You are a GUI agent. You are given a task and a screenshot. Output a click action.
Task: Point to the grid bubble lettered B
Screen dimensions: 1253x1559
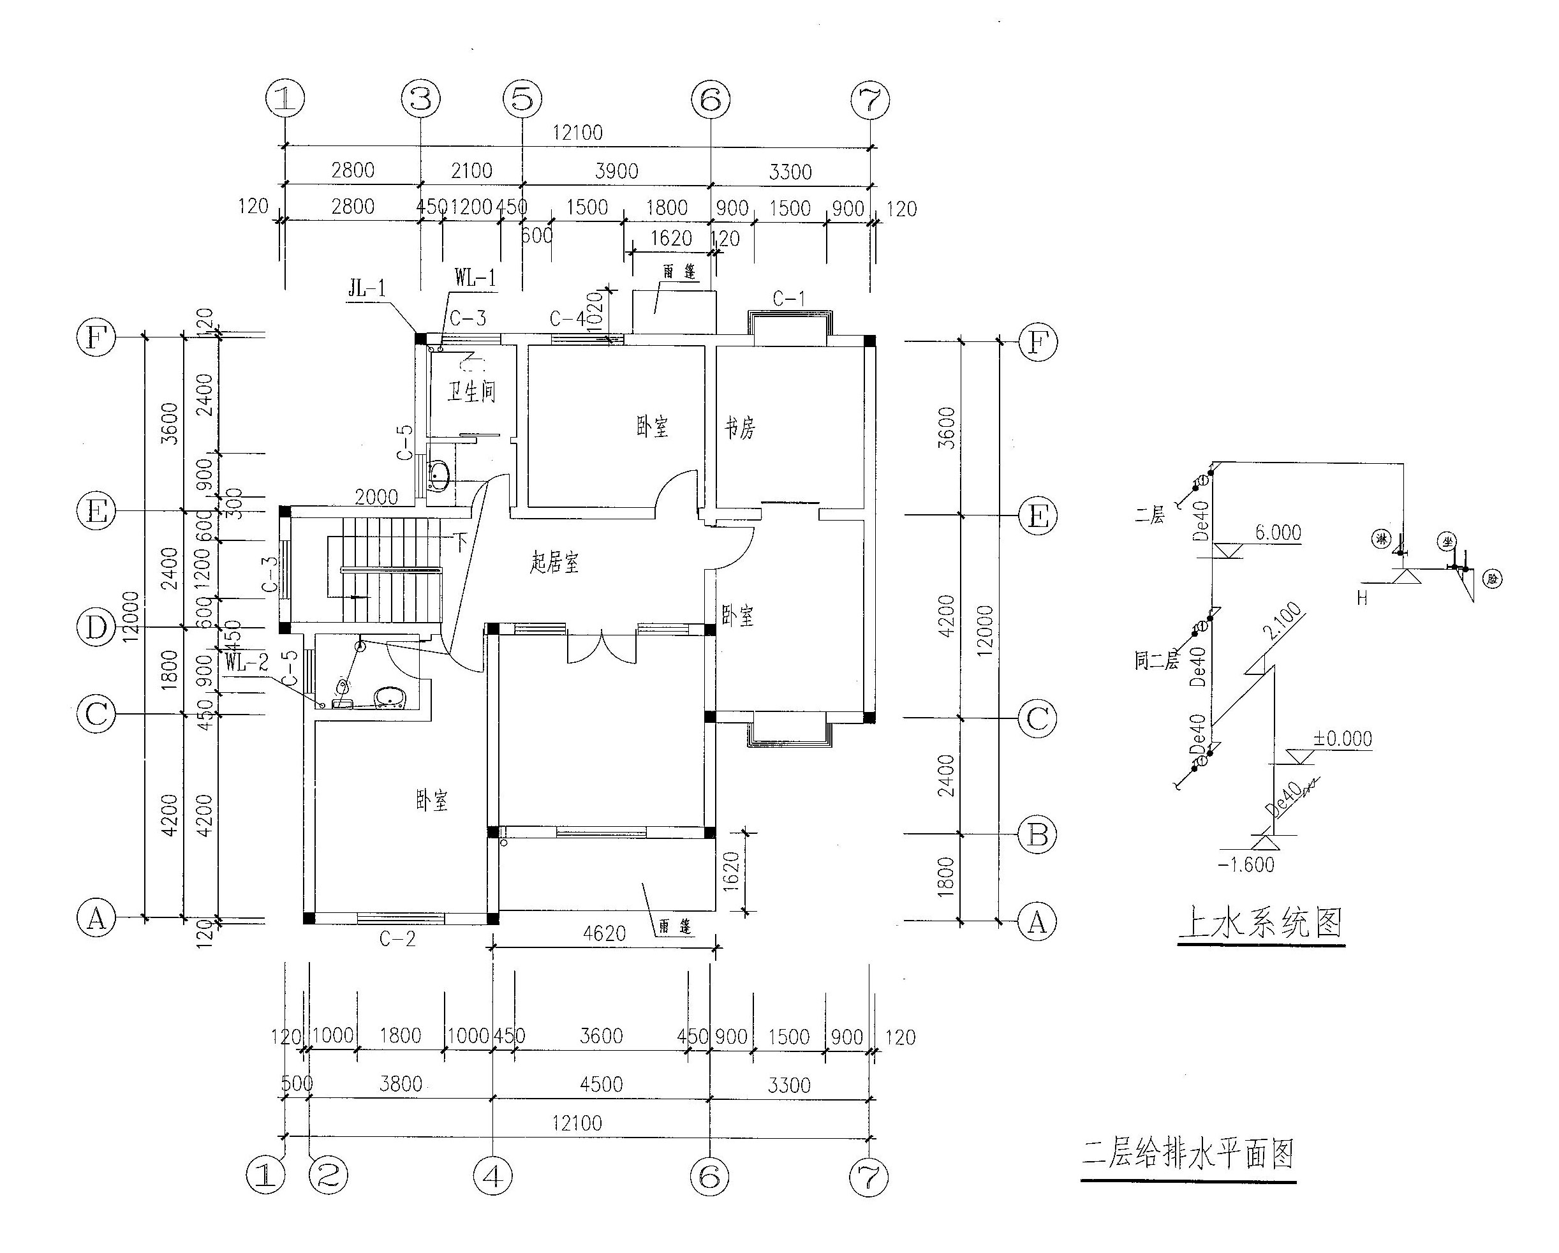coord(1038,835)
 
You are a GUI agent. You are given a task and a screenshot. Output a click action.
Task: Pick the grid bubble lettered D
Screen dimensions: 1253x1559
coord(96,628)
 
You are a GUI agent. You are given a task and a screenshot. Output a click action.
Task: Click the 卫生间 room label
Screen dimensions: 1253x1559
coord(471,392)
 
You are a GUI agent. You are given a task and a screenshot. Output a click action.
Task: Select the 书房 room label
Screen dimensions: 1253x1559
coord(740,428)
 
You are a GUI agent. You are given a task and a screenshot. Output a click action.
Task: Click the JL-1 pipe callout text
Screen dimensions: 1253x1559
coord(367,289)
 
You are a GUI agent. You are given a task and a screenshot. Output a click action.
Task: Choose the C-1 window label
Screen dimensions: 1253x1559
coord(788,299)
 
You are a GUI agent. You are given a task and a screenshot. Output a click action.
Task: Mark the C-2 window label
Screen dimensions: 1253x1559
coord(397,938)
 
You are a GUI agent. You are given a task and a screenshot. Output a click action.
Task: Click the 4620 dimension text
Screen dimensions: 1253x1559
coord(604,933)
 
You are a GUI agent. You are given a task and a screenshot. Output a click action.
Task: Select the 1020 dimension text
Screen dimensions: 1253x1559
coord(595,311)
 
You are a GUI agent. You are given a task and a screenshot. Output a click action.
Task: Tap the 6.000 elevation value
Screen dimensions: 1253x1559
coord(1278,533)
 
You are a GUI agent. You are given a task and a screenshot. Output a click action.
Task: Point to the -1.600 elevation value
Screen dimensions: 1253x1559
coord(1246,864)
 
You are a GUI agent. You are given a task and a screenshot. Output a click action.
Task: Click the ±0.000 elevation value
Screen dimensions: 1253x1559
coord(1343,739)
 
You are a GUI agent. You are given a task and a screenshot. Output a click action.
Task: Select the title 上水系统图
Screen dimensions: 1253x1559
coord(1260,923)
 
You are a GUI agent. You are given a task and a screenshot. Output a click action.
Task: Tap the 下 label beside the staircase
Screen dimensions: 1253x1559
coord(460,542)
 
